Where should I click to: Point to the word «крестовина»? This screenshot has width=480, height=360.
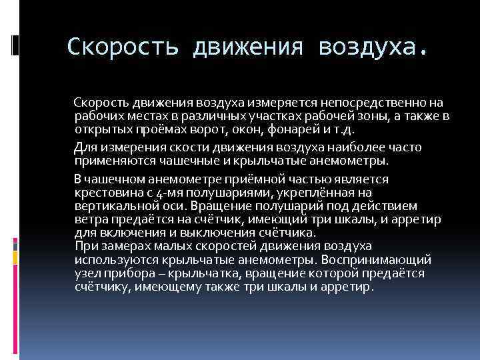[x=108, y=192]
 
